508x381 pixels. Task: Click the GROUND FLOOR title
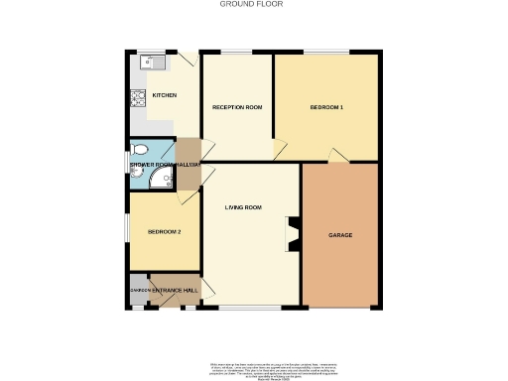pos(251,4)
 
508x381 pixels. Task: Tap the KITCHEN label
pos(165,95)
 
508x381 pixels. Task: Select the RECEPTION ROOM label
pos(238,106)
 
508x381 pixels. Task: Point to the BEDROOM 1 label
pos(326,106)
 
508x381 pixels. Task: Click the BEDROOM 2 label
pos(164,231)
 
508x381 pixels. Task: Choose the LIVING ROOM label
pos(243,207)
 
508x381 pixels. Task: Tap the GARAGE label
pos(340,235)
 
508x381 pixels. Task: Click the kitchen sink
pos(151,62)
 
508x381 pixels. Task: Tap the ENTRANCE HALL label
pos(175,290)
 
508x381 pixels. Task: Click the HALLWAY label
pos(190,164)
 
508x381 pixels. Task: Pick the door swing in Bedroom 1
pos(337,155)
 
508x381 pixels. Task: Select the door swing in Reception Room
pos(280,150)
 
